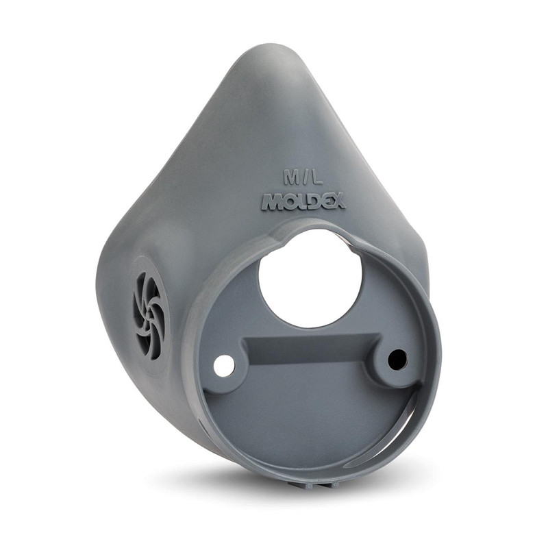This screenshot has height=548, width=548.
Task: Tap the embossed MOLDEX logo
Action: pos(303,202)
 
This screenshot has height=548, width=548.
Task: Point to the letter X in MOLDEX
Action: pos(337,203)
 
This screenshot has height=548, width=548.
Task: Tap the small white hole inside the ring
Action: pos(224,366)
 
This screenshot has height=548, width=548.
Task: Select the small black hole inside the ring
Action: pos(398,358)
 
